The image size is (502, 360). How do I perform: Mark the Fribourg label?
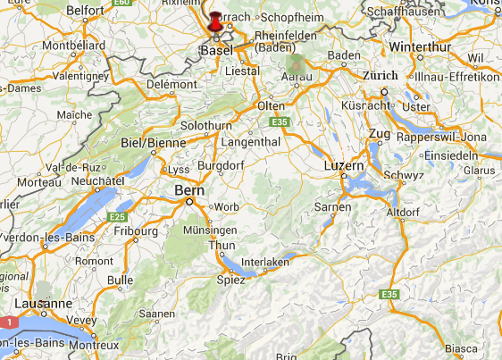click(136, 230)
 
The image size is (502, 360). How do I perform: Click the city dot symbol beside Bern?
click(189, 202)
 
